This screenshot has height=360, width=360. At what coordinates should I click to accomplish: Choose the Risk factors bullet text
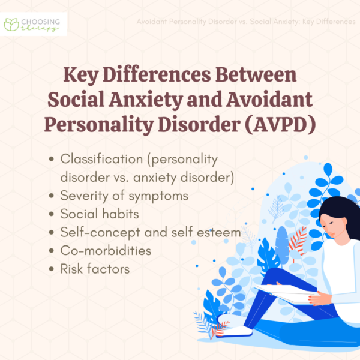point(95,269)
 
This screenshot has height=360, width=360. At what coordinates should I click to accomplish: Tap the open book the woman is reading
point(282,293)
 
